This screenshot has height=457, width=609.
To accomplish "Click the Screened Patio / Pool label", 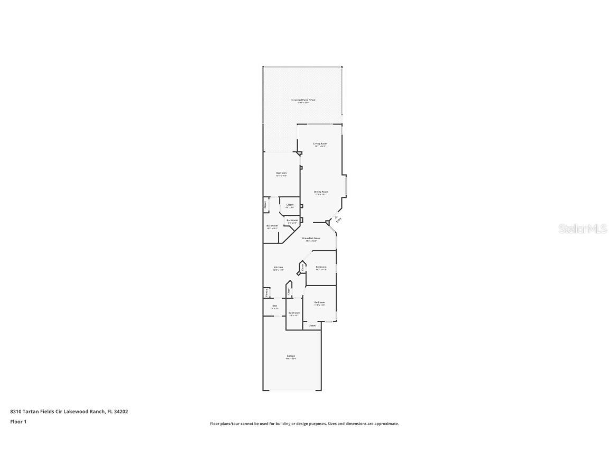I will pyautogui.click(x=303, y=100).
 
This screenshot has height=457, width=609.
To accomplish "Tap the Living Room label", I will pyautogui.click(x=320, y=143).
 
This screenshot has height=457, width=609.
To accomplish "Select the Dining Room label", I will pyautogui.click(x=321, y=191).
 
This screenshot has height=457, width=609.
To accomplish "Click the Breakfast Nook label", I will pyautogui.click(x=311, y=239).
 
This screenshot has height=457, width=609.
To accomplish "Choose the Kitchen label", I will pyautogui.click(x=279, y=267).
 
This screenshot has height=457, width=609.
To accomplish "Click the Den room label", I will pyautogui.click(x=274, y=306).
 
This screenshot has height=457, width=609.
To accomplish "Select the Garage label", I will pyautogui.click(x=291, y=356).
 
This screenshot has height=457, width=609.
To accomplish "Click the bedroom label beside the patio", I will pyautogui.click(x=281, y=173).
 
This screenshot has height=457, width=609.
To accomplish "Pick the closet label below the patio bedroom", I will pyautogui.click(x=290, y=205).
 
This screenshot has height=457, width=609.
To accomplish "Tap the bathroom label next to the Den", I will pyautogui.click(x=294, y=313).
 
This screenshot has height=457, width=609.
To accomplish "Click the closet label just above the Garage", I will pyautogui.click(x=312, y=325).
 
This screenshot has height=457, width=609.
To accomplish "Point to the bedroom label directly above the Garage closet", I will pyautogui.click(x=319, y=303).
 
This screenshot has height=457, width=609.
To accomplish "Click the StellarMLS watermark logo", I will pyautogui.click(x=577, y=229).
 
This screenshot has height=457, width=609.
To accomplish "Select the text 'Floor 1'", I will pyautogui.click(x=18, y=422).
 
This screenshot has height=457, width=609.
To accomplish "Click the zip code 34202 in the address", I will pyautogui.click(x=122, y=411).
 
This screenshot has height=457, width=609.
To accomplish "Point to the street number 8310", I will pyautogui.click(x=15, y=411).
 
